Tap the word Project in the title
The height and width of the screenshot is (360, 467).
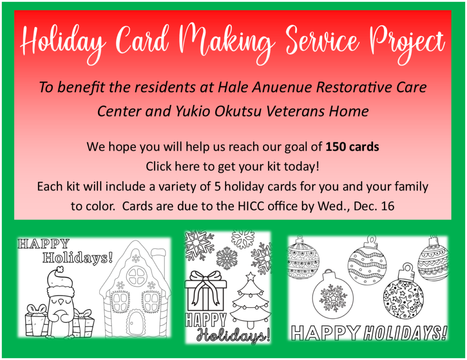click(x=407, y=44)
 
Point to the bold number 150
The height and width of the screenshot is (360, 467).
click(x=335, y=147)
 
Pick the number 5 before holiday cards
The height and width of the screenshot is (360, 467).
click(x=218, y=187)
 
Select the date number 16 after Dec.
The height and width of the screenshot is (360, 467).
click(x=388, y=206)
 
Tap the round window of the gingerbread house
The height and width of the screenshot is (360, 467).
click(x=136, y=276)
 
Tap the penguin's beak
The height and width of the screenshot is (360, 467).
click(x=61, y=302)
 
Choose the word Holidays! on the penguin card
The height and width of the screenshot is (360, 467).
click(x=78, y=257)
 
